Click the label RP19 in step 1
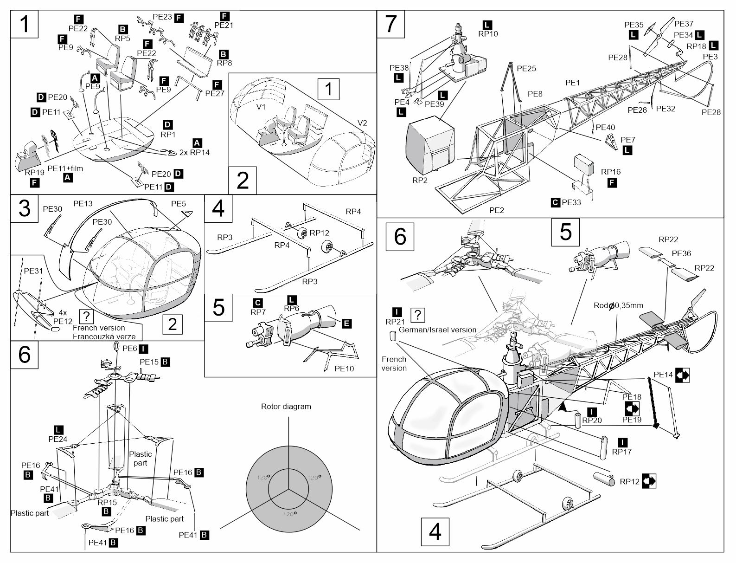(x=34, y=172)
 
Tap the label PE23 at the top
(x=162, y=17)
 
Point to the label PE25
(x=526, y=69)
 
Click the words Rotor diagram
(x=286, y=407)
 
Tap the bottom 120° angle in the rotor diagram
(x=289, y=514)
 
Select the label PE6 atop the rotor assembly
(x=129, y=347)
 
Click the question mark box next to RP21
(x=418, y=315)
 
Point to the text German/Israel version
(x=437, y=330)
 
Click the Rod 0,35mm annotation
(x=618, y=305)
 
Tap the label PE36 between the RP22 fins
(x=681, y=253)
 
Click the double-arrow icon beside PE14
(x=682, y=375)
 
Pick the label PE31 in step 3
(x=33, y=271)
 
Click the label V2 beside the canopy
(x=362, y=123)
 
